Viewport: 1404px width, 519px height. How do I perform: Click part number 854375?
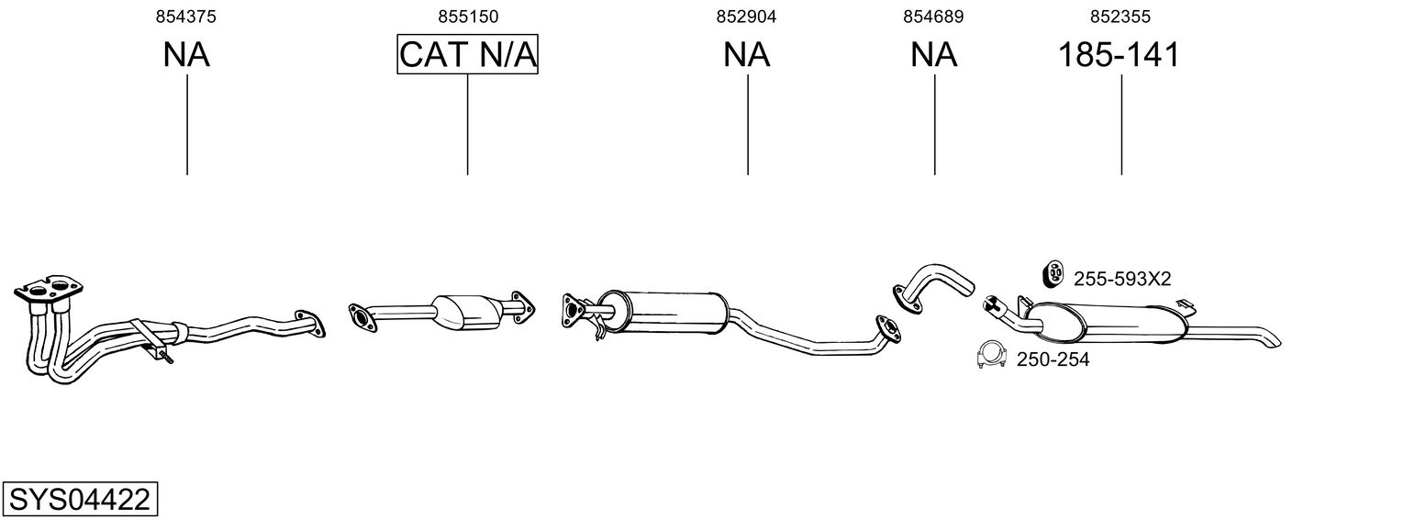[186, 17]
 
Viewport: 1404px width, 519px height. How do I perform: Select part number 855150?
[467, 17]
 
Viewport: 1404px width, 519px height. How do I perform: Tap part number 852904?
[747, 17]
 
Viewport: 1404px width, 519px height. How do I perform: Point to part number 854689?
[933, 17]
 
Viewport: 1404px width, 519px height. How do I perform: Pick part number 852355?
[1120, 17]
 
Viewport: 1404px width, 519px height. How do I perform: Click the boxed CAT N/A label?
[467, 55]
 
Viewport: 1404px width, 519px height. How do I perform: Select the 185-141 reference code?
[1120, 55]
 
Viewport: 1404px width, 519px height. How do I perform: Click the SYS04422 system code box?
[80, 501]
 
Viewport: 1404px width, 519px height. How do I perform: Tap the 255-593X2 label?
[1121, 279]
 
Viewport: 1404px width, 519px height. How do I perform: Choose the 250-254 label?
[1053, 360]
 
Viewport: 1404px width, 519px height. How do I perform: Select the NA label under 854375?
[186, 55]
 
